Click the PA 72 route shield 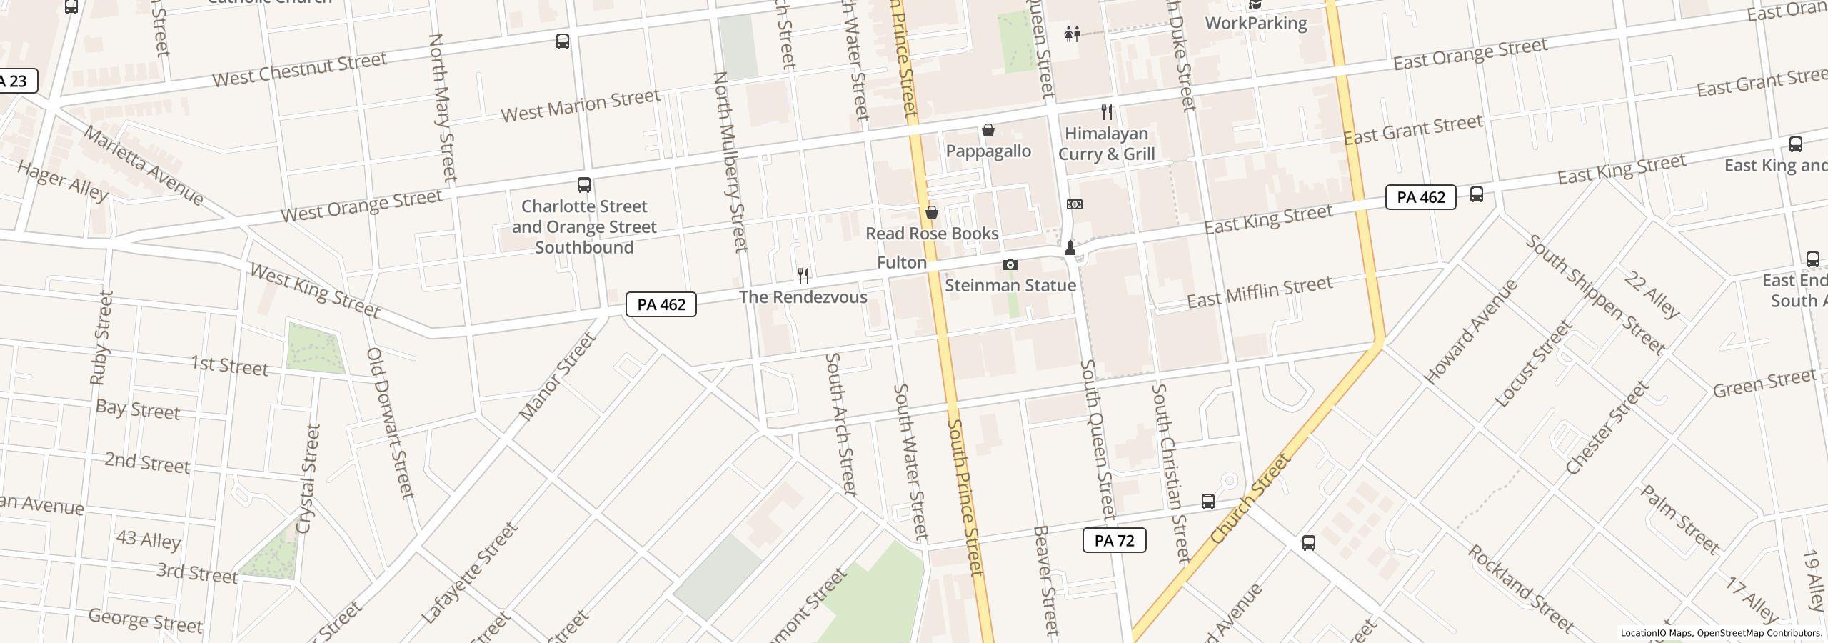click(1114, 540)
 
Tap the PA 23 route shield click(14, 81)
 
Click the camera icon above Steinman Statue click(1010, 265)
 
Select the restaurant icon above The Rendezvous click(803, 276)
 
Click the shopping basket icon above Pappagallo click(988, 130)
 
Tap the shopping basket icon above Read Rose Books click(931, 212)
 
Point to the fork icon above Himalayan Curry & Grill click(1107, 112)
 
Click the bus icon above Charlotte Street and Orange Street click(583, 185)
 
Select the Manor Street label click(557, 377)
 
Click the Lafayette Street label click(468, 573)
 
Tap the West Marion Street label click(580, 105)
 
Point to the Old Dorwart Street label click(390, 423)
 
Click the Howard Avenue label click(1470, 332)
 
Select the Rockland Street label click(1520, 589)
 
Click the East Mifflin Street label click(1259, 292)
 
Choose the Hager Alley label click(62, 181)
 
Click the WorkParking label click(1255, 23)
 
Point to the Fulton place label click(901, 263)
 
